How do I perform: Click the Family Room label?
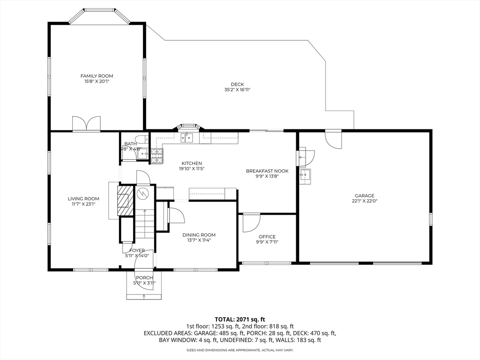[x=97, y=76]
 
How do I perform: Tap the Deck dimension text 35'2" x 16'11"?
[x=237, y=90]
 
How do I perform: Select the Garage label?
[x=365, y=195]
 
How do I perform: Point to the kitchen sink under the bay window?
[x=187, y=138]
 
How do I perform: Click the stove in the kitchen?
[x=157, y=156]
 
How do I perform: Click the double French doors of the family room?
[x=86, y=124]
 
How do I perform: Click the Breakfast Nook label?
[x=267, y=171]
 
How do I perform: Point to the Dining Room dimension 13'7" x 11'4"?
[x=199, y=240]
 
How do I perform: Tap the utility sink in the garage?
[x=305, y=176]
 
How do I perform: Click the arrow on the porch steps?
[x=144, y=296]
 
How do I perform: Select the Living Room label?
[x=83, y=199]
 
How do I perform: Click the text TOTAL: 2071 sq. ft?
[x=240, y=320]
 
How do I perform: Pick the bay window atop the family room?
[x=99, y=15]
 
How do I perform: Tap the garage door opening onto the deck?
[x=333, y=139]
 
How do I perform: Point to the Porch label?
[x=144, y=277]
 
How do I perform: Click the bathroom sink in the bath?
[x=142, y=153]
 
